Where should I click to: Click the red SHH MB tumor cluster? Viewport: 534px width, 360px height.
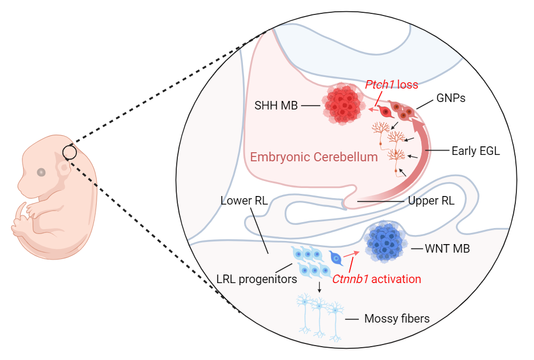(x=343, y=105)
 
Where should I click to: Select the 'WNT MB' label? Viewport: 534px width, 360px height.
(x=447, y=248)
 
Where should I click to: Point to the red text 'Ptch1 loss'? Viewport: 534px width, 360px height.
(x=391, y=85)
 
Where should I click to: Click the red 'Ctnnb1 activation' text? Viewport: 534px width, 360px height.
(x=376, y=279)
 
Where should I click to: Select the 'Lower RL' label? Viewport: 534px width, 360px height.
(x=244, y=201)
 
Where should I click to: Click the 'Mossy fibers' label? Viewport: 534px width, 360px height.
(x=397, y=319)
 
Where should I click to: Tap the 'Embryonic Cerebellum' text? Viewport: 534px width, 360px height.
(x=314, y=157)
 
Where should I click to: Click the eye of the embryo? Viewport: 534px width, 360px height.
(x=41, y=172)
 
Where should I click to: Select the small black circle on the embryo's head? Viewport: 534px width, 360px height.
(x=70, y=153)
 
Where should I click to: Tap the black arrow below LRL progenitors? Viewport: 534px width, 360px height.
(x=319, y=287)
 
